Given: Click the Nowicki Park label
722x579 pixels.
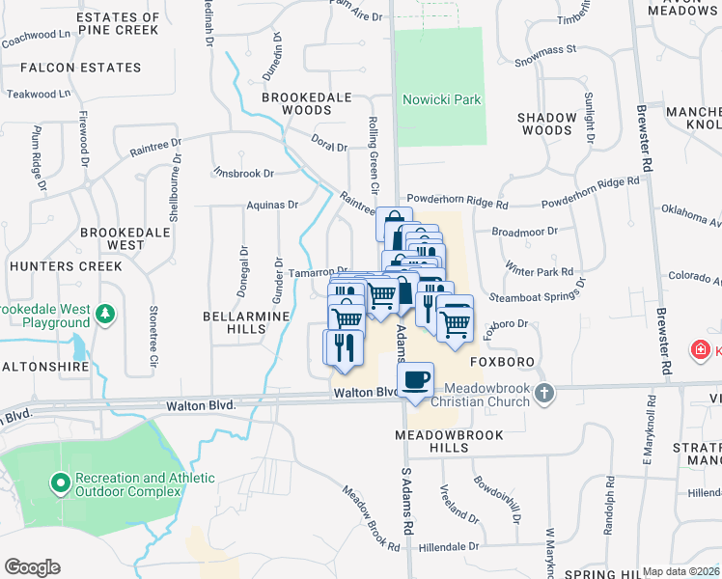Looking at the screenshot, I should point(442,100).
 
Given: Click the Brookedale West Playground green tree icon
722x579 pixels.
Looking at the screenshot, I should point(105,314).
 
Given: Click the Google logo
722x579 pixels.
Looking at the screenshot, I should point(32,567).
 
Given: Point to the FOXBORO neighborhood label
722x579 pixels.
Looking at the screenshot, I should point(502,362).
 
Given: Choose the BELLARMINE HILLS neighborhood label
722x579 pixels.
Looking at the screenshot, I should point(234,322).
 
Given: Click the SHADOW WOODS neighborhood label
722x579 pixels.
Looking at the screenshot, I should point(545,124).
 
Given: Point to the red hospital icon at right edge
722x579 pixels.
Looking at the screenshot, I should point(700,349).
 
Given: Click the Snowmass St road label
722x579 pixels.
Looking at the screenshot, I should point(544,48).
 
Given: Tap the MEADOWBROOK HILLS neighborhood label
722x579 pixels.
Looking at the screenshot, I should point(449,443).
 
